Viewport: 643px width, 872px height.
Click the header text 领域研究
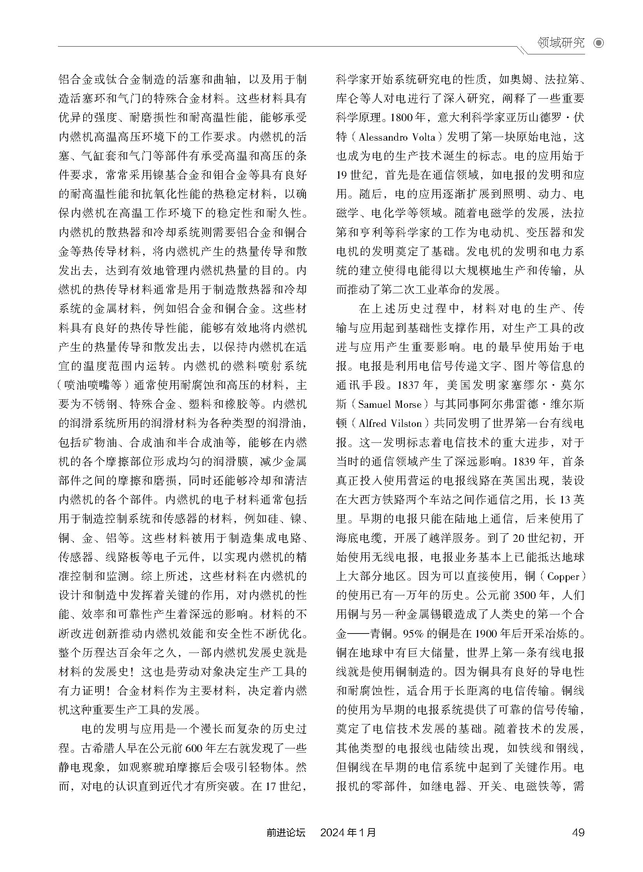coord(561,43)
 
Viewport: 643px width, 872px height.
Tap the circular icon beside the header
coord(599,43)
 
